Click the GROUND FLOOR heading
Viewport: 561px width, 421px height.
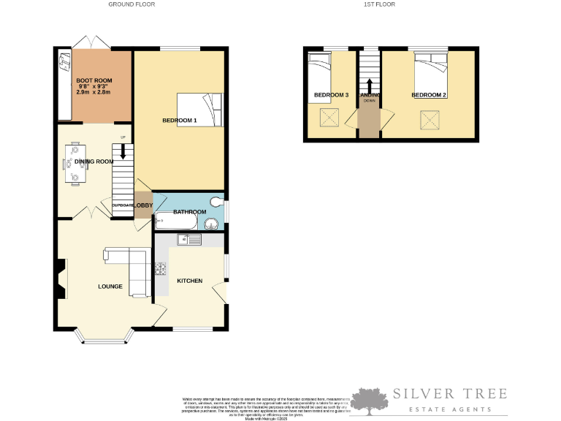(131, 4)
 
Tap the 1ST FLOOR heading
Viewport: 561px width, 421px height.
(379, 4)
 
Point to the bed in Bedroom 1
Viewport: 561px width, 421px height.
(200, 109)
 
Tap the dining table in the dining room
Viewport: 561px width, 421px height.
(76, 163)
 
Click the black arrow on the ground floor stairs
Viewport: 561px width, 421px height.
(123, 151)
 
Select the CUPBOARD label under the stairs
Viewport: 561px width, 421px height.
(122, 206)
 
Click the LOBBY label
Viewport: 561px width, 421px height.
(143, 206)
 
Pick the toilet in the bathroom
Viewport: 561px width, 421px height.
(215, 202)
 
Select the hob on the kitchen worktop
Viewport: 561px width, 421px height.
(160, 268)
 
